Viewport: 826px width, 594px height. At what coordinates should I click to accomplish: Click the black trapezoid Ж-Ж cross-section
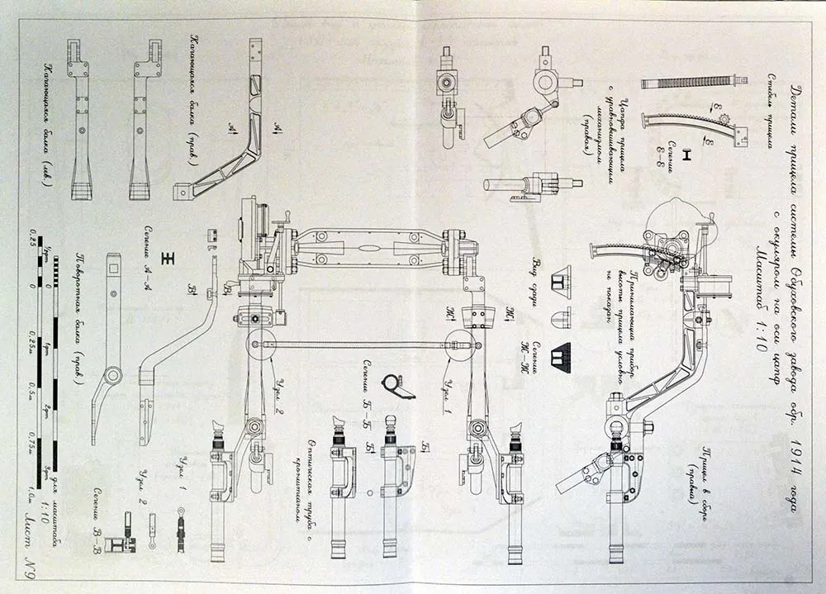[564, 355]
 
